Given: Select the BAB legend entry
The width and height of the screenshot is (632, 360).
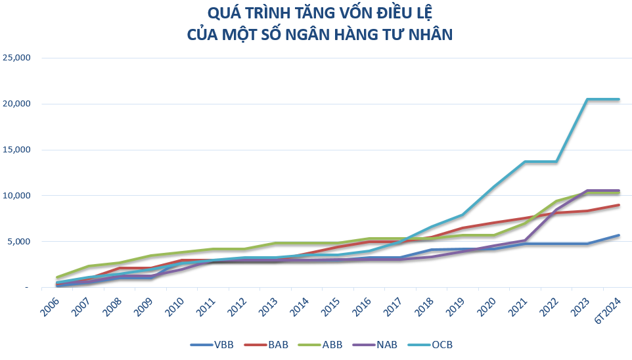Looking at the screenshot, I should [279, 345].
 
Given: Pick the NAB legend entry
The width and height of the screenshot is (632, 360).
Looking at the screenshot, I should [387, 345].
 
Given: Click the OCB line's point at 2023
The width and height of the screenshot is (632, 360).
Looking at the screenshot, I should [587, 99].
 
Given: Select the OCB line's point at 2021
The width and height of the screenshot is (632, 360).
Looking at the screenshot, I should [524, 162].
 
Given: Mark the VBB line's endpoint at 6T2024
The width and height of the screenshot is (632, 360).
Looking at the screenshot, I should [618, 235].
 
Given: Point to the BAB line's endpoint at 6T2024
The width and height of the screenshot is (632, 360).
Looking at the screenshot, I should [618, 205].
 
